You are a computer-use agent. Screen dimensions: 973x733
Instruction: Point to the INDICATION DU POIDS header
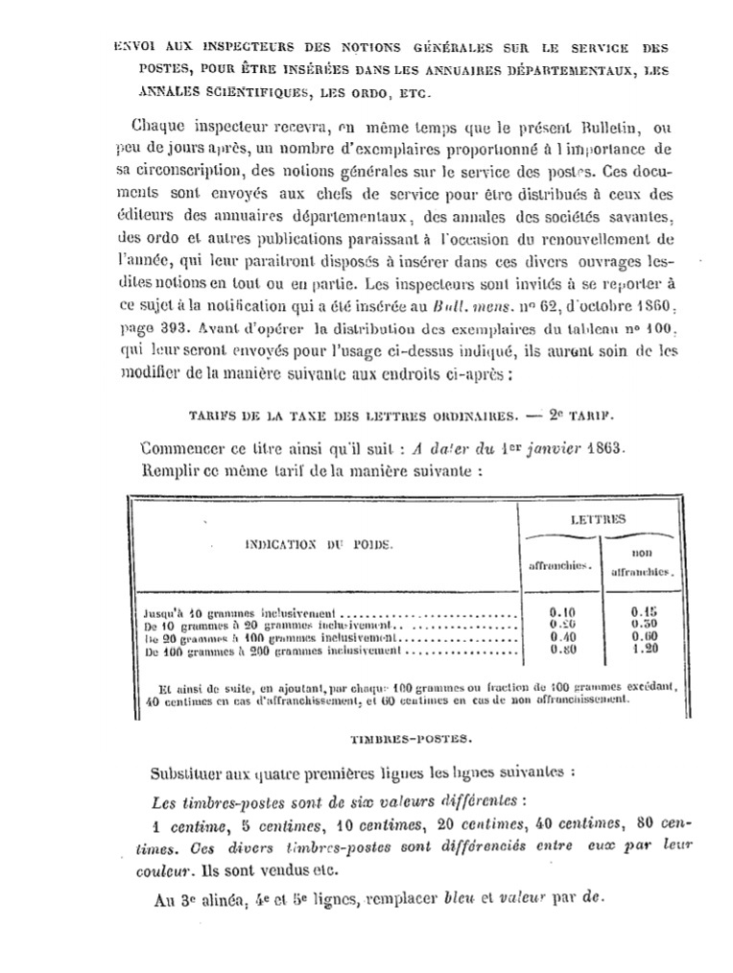pyautogui.click(x=319, y=544)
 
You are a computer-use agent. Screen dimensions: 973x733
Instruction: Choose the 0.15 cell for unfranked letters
pyautogui.click(x=644, y=610)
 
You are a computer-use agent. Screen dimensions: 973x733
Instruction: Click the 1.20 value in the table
pyautogui.click(x=644, y=650)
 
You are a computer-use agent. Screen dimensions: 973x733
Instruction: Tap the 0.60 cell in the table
pyautogui.click(x=644, y=636)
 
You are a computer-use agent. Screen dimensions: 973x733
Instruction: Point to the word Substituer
pyautogui.click(x=191, y=772)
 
